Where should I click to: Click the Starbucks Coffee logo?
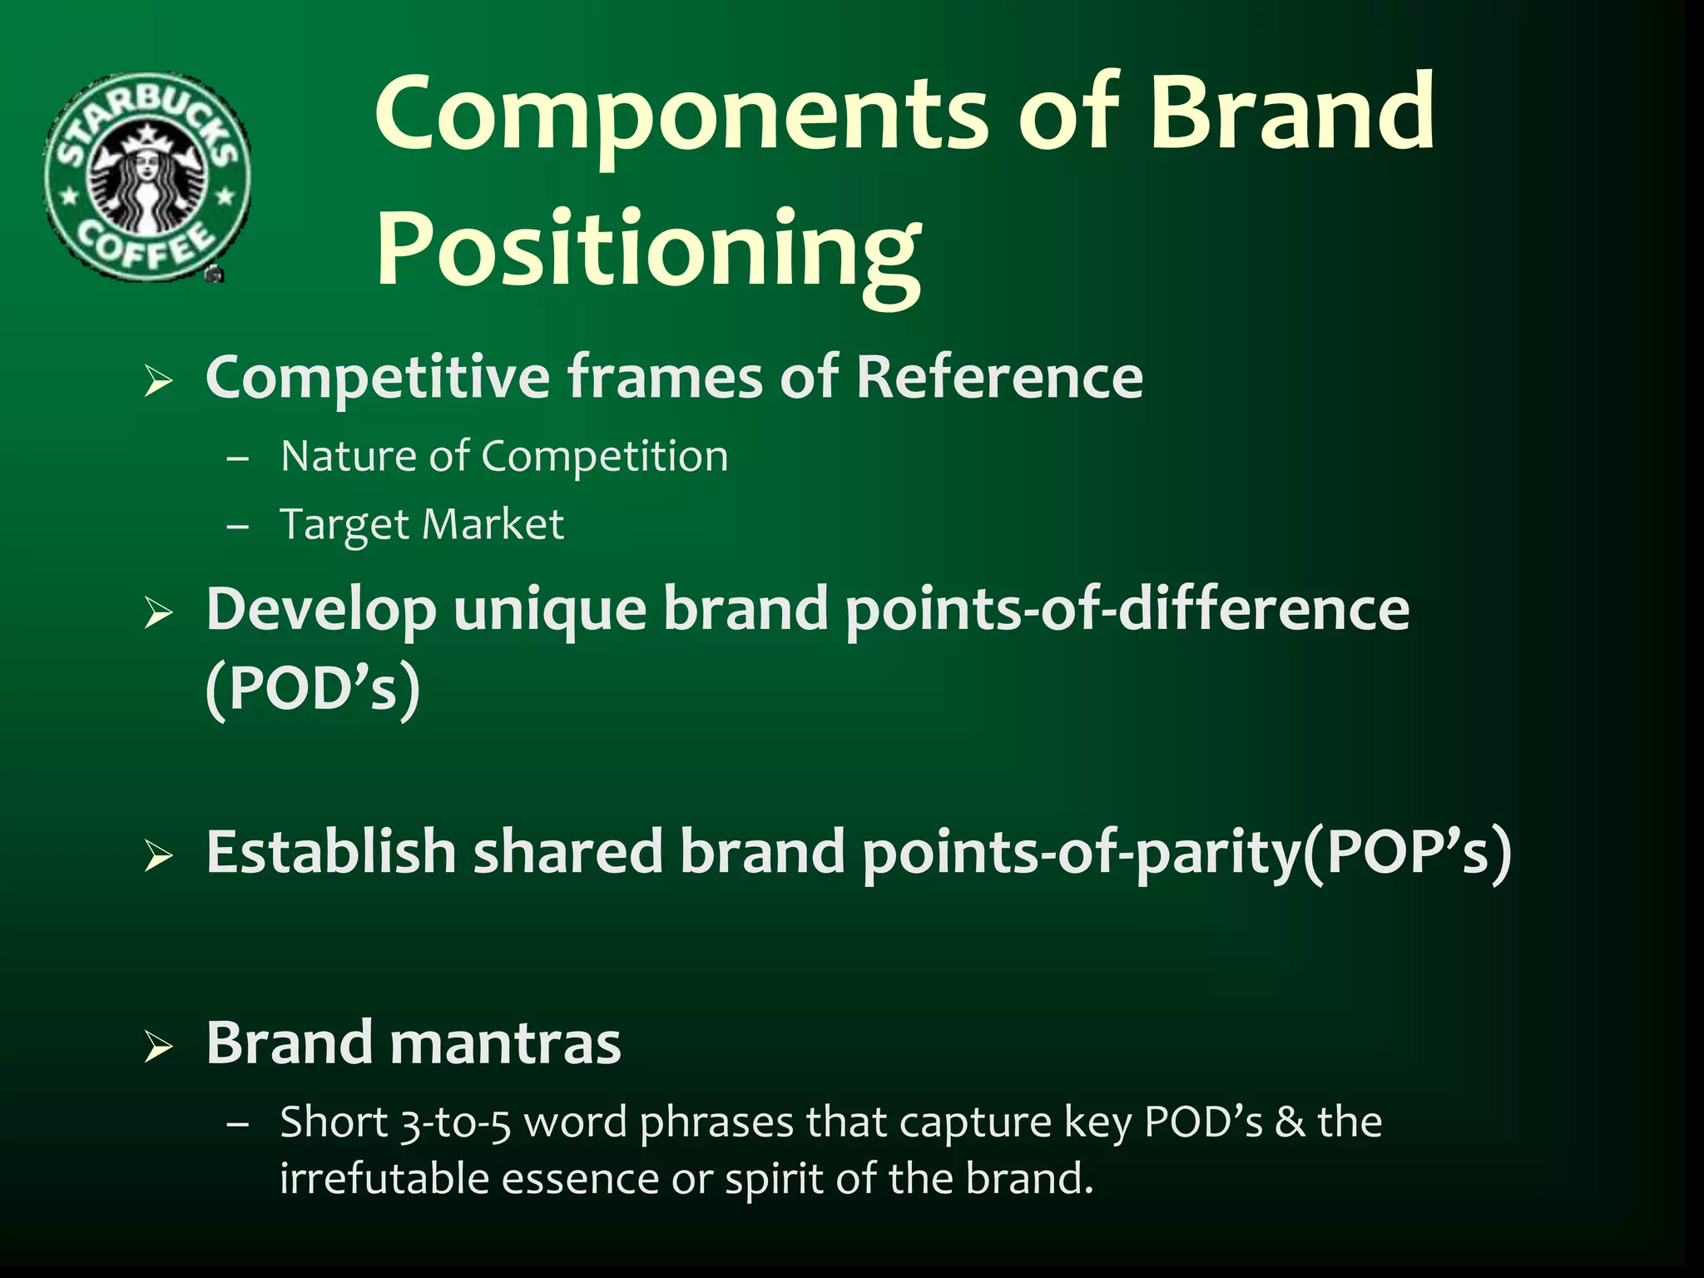click(x=146, y=176)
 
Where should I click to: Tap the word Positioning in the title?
click(x=649, y=250)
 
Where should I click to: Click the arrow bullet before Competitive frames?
click(x=158, y=381)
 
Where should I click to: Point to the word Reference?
click(x=998, y=378)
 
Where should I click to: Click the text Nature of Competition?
click(x=504, y=457)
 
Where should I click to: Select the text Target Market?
click(x=422, y=525)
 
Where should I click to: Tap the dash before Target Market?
click(x=238, y=527)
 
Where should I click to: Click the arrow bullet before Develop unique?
click(x=158, y=613)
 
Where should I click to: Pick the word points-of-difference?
click(x=1127, y=610)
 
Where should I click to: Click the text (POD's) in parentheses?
click(x=313, y=689)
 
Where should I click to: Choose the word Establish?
click(x=331, y=852)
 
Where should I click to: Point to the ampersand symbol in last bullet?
click(x=1290, y=1122)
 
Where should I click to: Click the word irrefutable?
click(x=384, y=1179)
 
